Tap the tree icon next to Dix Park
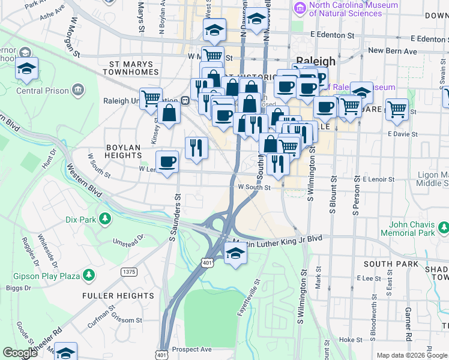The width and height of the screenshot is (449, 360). pyautogui.click(x=106, y=218)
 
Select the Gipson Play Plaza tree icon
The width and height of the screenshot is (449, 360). pyautogui.click(x=89, y=275)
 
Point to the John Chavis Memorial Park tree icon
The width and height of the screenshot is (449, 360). pyautogui.click(x=443, y=228)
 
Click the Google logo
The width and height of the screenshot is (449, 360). pyautogui.click(x=20, y=353)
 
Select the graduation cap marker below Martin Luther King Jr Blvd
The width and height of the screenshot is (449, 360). pyautogui.click(x=235, y=254)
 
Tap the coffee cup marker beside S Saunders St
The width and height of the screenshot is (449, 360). pyautogui.click(x=167, y=161)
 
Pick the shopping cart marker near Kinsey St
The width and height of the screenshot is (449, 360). pyautogui.click(x=150, y=97)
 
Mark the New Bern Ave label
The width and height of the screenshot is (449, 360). pyautogui.click(x=392, y=52)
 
